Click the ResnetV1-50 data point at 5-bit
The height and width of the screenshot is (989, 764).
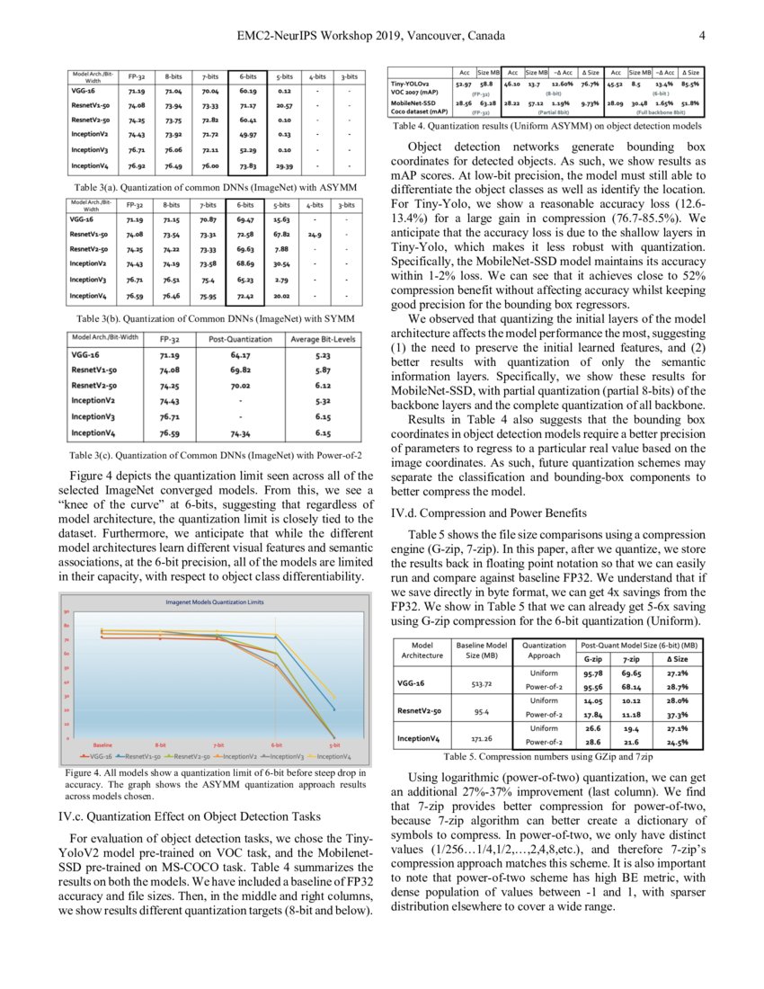point(335,709)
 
